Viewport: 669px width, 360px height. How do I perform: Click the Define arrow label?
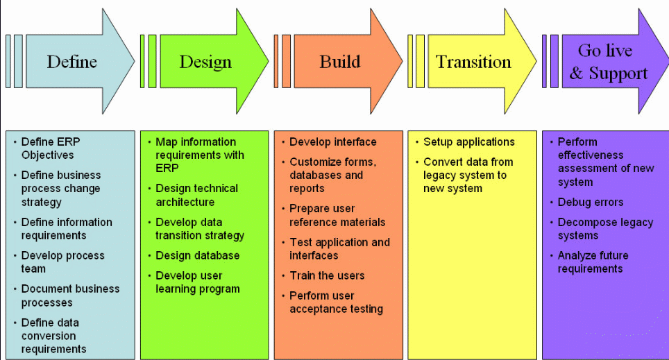point(71,62)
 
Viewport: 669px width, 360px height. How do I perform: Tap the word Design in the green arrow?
point(205,62)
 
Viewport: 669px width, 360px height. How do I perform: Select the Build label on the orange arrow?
point(340,62)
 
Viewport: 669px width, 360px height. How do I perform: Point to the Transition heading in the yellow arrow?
point(473,62)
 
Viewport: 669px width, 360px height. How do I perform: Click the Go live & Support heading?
point(608,62)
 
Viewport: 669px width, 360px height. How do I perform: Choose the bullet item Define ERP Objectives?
point(51,148)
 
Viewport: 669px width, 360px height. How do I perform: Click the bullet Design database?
point(197,255)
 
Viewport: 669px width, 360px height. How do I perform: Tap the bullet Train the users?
point(327,275)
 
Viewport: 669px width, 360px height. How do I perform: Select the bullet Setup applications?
point(469,142)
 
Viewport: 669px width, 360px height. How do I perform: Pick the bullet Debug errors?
point(590,202)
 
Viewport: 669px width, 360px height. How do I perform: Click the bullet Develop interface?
point(333,142)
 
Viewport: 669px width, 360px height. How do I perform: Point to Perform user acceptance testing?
point(336,302)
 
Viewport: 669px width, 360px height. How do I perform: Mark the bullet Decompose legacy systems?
point(605,229)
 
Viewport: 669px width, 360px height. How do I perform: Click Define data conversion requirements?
point(53,336)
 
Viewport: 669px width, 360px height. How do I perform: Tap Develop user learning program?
point(197,282)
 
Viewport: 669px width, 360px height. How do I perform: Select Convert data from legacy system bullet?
point(468,175)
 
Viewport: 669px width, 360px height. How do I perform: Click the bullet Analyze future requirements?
point(593,262)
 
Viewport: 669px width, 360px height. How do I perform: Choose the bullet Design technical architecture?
point(196,195)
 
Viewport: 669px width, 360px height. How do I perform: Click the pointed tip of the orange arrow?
point(402,61)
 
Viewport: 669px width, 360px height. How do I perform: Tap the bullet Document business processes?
point(70,295)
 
